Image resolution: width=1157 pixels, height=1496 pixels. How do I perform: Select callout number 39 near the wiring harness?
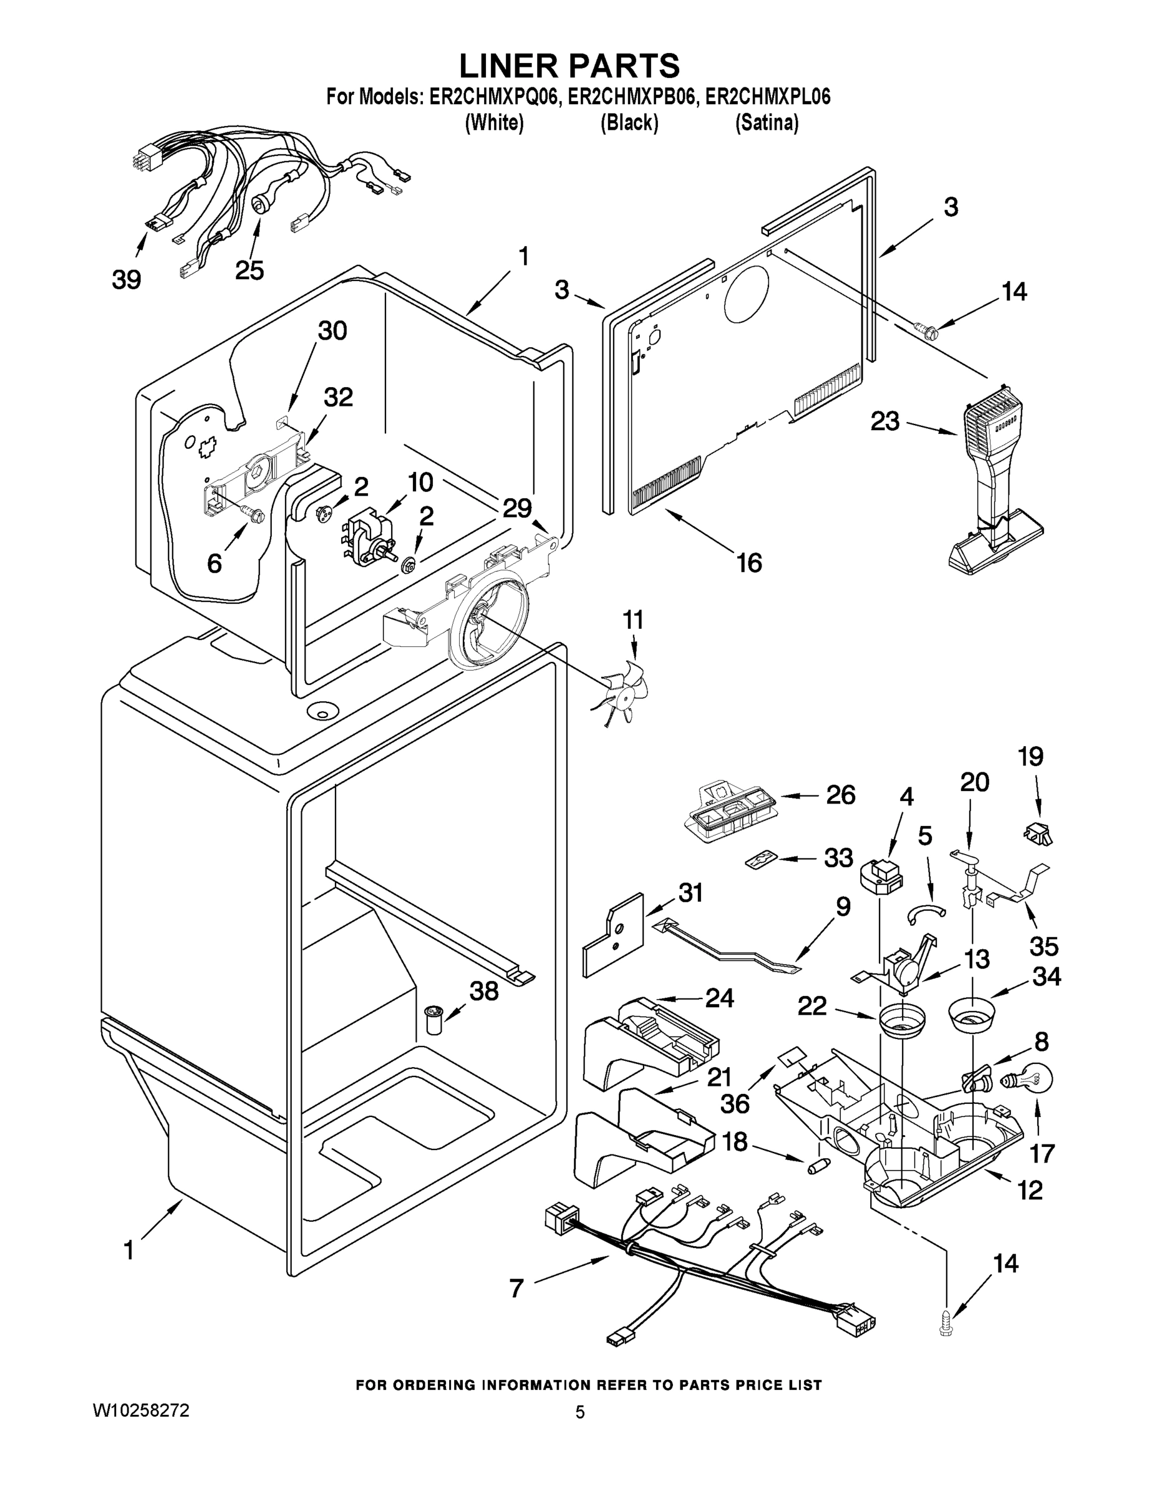(126, 279)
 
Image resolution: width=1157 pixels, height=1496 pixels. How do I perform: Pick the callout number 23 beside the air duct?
(884, 421)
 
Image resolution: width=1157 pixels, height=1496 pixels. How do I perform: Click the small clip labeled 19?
(1038, 834)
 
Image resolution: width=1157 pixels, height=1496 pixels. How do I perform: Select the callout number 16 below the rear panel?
(749, 563)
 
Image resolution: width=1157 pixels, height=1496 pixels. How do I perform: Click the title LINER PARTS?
(569, 65)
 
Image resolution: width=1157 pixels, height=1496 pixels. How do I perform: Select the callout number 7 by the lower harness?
(516, 1288)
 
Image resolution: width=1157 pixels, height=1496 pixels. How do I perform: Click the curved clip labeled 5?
(927, 911)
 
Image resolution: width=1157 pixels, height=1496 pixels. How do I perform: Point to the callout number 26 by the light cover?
(840, 795)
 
